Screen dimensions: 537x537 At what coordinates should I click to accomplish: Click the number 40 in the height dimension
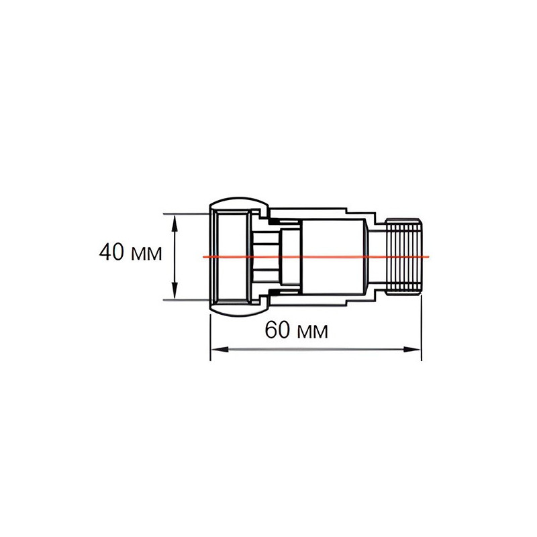pyautogui.click(x=111, y=253)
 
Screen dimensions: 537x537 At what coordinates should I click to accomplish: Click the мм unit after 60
pyautogui.click(x=312, y=332)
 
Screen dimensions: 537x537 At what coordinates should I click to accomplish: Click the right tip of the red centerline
pyautogui.click(x=428, y=256)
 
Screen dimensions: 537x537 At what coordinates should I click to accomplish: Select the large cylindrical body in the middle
pyautogui.click(x=332, y=256)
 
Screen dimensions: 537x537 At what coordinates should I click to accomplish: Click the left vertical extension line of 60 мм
pyautogui.click(x=211, y=336)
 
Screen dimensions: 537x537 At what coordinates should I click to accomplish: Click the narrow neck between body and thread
pyautogui.click(x=376, y=256)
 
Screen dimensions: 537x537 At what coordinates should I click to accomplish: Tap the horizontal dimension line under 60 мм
pyautogui.click(x=315, y=349)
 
